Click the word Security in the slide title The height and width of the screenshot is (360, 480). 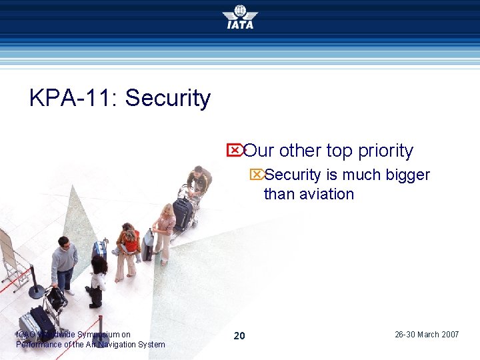(168, 98)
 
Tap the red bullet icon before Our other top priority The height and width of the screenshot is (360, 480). (235, 150)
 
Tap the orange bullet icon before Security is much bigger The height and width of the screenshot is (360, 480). (256, 175)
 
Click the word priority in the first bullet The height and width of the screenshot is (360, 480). (385, 151)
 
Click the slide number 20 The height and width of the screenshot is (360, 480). (239, 335)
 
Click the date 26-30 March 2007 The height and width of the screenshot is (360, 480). (427, 335)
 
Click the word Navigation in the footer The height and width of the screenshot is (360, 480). (116, 345)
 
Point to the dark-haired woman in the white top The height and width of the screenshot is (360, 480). (97, 281)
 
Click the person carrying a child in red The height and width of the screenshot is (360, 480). (127, 250)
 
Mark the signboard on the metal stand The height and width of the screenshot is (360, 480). (7, 250)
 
